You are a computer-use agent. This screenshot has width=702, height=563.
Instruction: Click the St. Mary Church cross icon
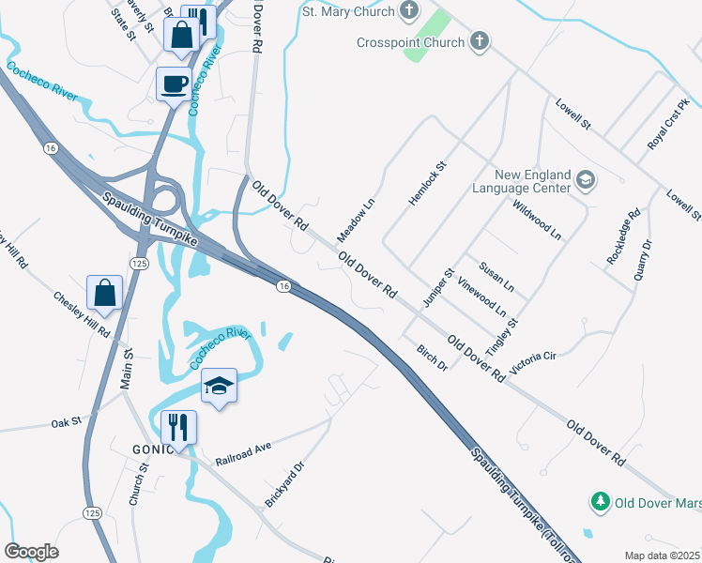(408, 11)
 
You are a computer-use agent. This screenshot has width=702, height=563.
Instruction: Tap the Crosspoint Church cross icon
(479, 41)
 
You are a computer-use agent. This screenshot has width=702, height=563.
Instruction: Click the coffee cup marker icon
(174, 84)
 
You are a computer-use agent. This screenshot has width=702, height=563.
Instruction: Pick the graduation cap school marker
(219, 386)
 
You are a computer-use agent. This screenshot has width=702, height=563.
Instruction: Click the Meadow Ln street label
(357, 220)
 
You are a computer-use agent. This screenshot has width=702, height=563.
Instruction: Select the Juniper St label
(438, 287)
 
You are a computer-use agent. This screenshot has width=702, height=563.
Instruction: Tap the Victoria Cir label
(533, 362)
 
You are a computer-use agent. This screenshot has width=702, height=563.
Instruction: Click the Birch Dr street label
(432, 357)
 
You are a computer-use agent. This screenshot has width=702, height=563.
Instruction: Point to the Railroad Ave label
(242, 455)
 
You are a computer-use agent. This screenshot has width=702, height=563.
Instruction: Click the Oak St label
(67, 424)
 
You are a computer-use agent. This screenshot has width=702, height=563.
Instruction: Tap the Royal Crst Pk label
(668, 122)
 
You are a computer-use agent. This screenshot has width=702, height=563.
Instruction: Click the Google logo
(31, 552)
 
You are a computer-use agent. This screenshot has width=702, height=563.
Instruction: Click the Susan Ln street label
(496, 276)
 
